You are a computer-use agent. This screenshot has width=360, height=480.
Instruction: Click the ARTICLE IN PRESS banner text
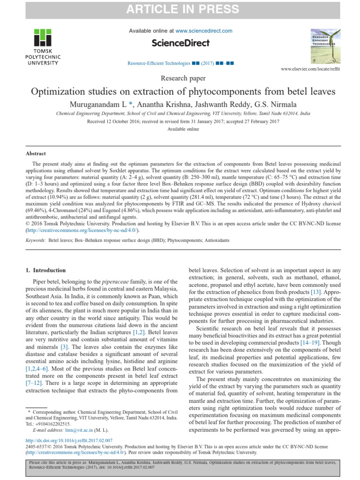[180, 9]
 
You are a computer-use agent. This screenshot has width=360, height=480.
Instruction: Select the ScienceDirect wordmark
[180, 43]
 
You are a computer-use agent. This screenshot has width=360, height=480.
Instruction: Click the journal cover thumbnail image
[324, 45]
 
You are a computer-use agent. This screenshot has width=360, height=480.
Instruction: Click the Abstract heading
[36, 153]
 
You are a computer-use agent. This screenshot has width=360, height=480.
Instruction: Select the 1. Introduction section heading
[45, 270]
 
